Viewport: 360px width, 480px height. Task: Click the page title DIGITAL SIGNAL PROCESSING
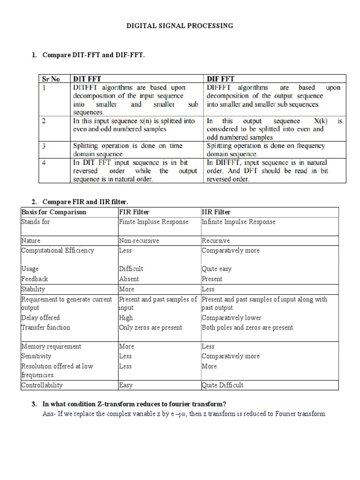pos(180,26)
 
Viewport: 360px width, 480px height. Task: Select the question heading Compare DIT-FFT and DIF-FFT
pos(93,55)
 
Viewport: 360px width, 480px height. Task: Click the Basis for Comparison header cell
pos(54,212)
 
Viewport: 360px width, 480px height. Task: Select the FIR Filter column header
pos(135,212)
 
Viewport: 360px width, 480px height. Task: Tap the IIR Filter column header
pos(216,212)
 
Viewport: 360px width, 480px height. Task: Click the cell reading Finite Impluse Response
pos(154,222)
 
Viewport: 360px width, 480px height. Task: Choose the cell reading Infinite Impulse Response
pos(239,222)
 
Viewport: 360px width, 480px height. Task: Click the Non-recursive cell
pos(139,241)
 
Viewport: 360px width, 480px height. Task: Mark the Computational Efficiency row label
pos(58,250)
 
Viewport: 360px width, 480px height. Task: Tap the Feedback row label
pos(35,279)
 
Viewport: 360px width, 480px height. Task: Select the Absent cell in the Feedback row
pos(129,279)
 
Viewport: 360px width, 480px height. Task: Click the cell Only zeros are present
pos(151,328)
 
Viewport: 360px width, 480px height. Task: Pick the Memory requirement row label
pos(51,346)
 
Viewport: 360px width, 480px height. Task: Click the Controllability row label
pos(42,385)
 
